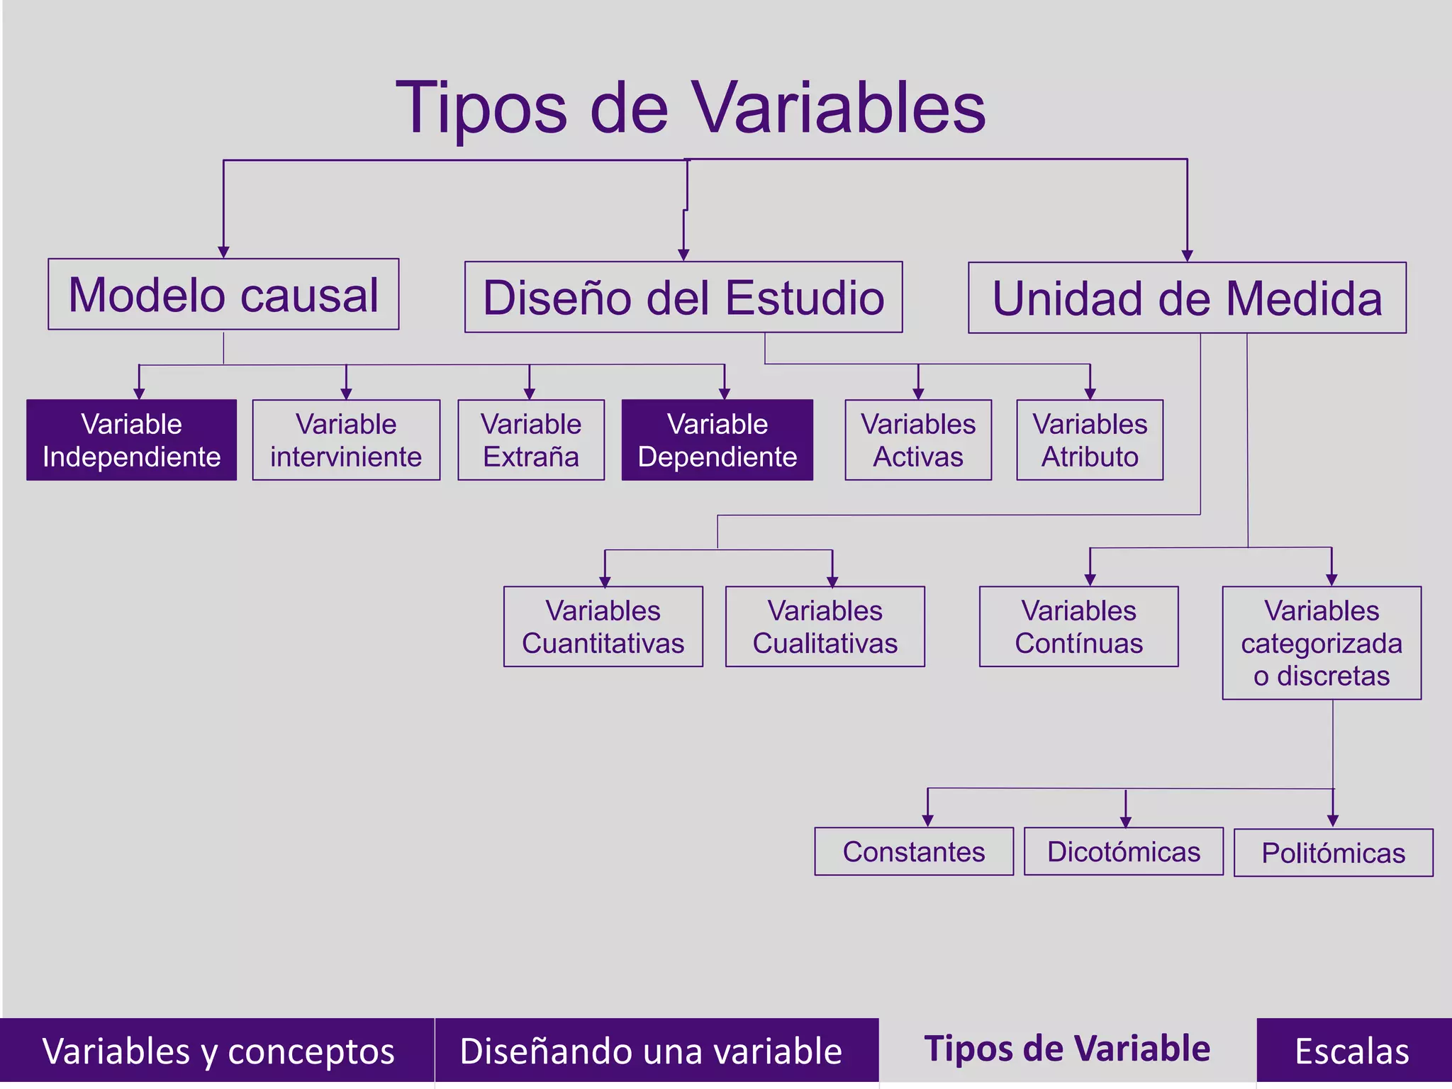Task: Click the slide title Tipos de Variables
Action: pyautogui.click(x=690, y=108)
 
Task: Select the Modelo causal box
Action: pyautogui.click(x=223, y=294)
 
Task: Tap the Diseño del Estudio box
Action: pyautogui.click(x=683, y=297)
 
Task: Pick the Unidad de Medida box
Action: pyautogui.click(x=1187, y=298)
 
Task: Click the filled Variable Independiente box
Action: pyautogui.click(x=132, y=440)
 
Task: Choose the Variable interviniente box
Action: pyautogui.click(x=346, y=440)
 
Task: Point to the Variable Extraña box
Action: pyautogui.click(x=531, y=440)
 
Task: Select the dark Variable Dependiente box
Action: pyautogui.click(x=717, y=440)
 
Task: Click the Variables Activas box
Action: pyautogui.click(x=918, y=440)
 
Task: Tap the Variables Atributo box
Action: pyautogui.click(x=1090, y=440)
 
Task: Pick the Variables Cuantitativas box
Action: pyautogui.click(x=603, y=627)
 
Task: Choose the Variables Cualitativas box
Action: pyautogui.click(x=825, y=627)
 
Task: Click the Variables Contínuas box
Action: pyautogui.click(x=1078, y=627)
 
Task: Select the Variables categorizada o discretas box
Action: pyautogui.click(x=1322, y=643)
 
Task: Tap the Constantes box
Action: pyautogui.click(x=914, y=851)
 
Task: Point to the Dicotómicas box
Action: pyautogui.click(x=1124, y=851)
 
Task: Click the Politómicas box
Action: pyautogui.click(x=1333, y=853)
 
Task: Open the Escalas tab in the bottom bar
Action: pyautogui.click(x=1353, y=1051)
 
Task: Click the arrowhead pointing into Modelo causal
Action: pyautogui.click(x=223, y=252)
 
